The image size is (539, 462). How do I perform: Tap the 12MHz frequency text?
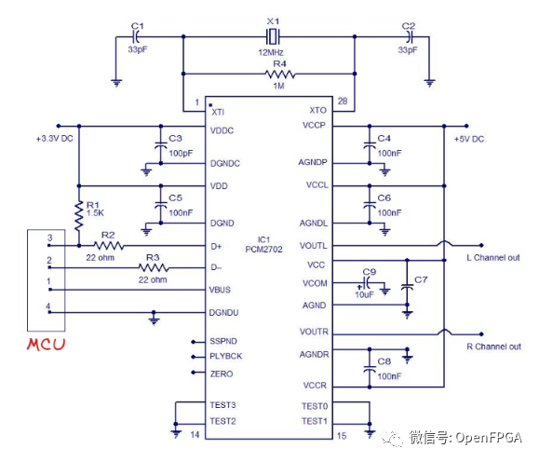coord(271,53)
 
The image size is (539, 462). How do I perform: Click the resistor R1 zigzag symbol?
coord(79,215)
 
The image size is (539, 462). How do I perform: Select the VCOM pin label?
coord(316,282)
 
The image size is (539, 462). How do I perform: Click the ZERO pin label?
coord(222,374)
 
